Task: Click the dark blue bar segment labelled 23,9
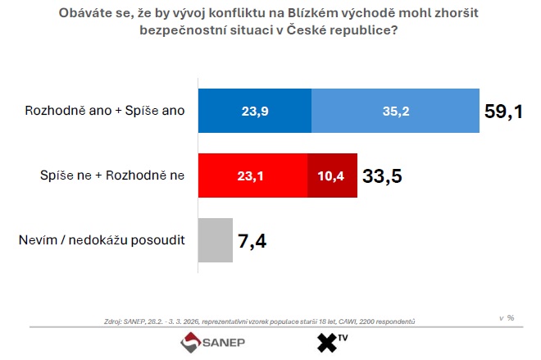coord(254,111)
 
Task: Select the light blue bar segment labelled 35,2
coord(395,111)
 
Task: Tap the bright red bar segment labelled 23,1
coord(252,175)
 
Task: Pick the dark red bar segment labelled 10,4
coord(332,175)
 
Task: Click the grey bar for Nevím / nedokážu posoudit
coord(216,239)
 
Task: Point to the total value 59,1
coord(503,112)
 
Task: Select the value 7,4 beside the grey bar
coord(252,240)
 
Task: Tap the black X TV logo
coord(329,342)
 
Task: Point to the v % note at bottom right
coord(507,317)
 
